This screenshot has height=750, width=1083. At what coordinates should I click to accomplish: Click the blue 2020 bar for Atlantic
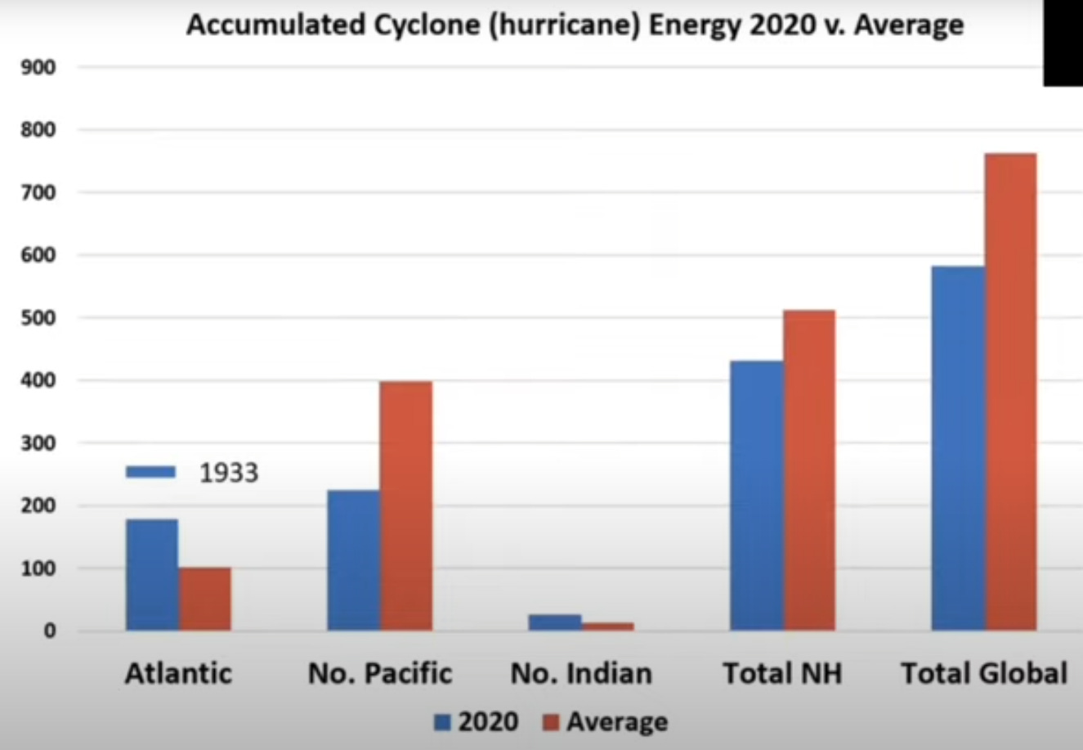tap(152, 574)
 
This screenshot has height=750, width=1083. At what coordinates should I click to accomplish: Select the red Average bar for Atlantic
tap(205, 599)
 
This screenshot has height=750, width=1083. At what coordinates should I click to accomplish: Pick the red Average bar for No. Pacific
tap(406, 505)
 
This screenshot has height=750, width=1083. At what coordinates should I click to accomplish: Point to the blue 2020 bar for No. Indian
tap(555, 622)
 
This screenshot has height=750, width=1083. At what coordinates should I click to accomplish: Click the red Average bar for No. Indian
tap(608, 626)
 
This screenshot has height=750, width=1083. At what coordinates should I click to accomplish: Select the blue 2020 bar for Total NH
tap(756, 495)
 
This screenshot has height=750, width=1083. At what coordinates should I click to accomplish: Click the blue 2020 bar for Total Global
tap(958, 447)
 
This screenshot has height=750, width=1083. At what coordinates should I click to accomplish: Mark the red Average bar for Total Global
tap(1011, 391)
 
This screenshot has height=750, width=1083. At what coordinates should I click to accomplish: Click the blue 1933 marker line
tap(150, 472)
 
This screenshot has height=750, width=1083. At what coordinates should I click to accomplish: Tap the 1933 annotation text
tap(229, 473)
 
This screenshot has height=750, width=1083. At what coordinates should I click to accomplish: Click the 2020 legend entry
tap(477, 722)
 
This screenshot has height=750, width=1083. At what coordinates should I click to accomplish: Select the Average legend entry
tap(606, 722)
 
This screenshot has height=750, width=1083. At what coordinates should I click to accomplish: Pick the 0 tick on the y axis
tap(51, 631)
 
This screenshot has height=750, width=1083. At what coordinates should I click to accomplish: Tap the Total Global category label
tap(984, 674)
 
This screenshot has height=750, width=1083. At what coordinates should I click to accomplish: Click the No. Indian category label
tap(581, 674)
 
